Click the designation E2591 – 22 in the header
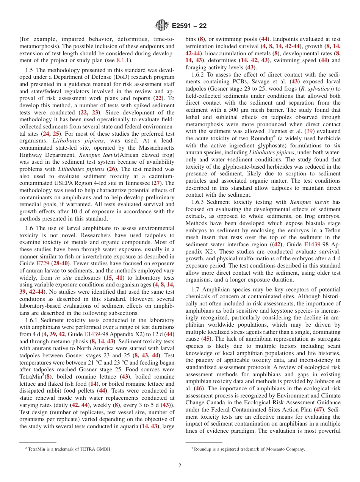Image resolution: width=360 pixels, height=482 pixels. pyautogui.click(x=189, y=26)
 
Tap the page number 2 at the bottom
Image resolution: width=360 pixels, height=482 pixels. pyautogui.click(x=180, y=466)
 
